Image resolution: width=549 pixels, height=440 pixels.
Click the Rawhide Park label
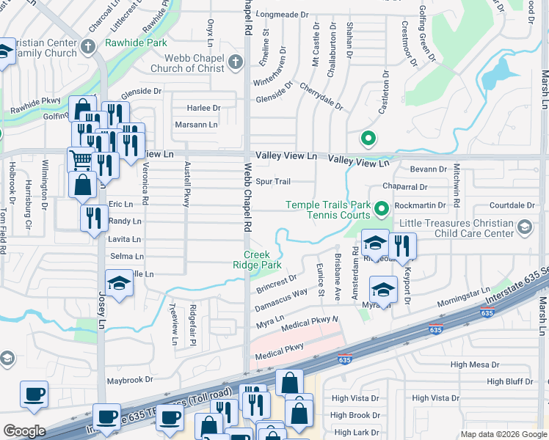point(136,43)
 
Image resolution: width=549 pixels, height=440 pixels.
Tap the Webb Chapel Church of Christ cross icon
point(236,62)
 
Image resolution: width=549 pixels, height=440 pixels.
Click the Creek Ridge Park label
point(263,260)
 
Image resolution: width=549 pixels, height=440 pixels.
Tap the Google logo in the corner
point(24,431)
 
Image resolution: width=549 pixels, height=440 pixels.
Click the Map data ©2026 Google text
point(503,434)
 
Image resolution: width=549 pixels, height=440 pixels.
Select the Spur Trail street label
point(272,181)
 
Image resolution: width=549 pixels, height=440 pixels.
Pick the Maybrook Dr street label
point(129,380)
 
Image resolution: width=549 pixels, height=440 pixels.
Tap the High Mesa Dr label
point(474,364)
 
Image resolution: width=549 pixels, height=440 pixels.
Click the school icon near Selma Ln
point(119,282)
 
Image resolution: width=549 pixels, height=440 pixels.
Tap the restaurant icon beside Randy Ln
point(94,218)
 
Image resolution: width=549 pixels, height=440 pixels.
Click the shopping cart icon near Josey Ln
point(80,159)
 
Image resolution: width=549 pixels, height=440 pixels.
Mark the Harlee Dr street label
point(203,108)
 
